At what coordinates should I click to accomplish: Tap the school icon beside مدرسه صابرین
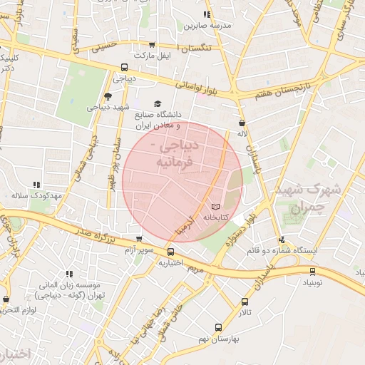tap(206, 14)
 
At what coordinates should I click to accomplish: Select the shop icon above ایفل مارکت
tap(152, 44)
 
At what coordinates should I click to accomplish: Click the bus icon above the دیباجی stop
tap(125, 68)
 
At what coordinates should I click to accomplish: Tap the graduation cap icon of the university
tap(157, 103)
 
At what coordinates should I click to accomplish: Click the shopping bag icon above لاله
tap(242, 123)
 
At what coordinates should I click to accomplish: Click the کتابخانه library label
tap(216, 216)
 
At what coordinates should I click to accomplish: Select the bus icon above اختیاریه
tap(170, 252)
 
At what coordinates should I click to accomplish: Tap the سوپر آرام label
tap(139, 250)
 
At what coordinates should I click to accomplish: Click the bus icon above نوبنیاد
tap(312, 271)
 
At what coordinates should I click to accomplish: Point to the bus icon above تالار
tap(245, 302)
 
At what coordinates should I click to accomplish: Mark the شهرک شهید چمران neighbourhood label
tap(309, 198)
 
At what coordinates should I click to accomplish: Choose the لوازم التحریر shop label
tap(13, 309)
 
